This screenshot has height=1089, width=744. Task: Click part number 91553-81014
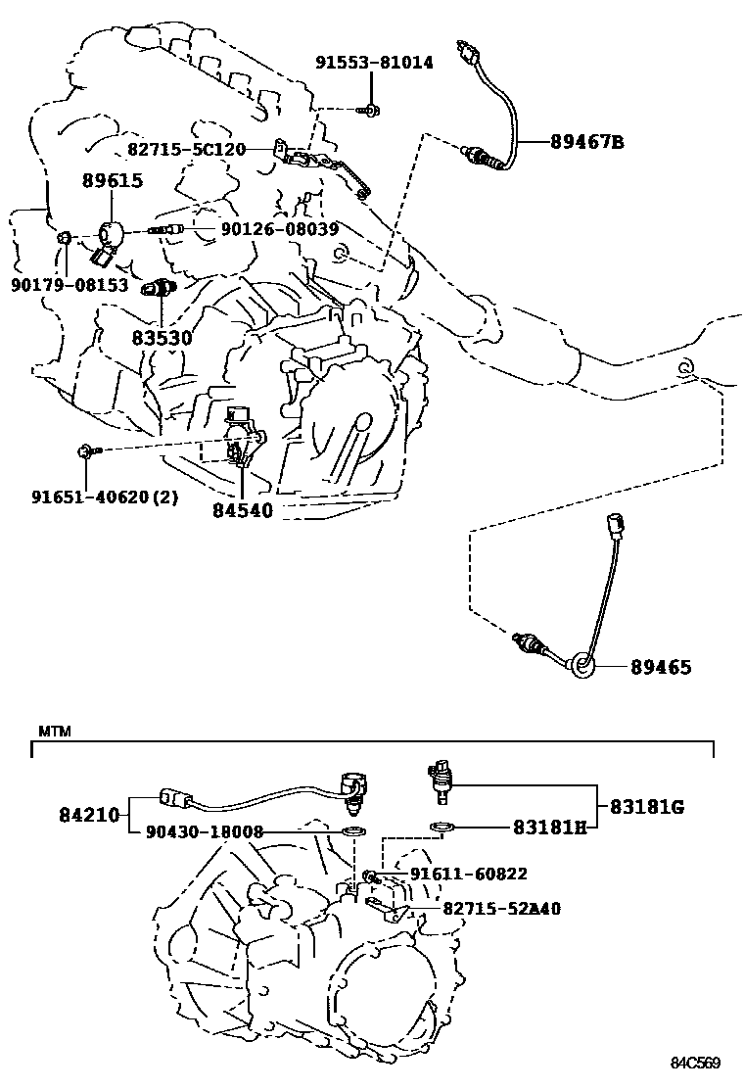[374, 63]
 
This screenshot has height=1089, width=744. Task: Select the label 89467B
[586, 142]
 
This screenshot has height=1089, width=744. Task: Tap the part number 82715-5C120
[186, 149]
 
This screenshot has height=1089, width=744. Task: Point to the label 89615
[113, 180]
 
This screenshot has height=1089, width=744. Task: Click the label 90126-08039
[279, 229]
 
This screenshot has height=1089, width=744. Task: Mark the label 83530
[163, 337]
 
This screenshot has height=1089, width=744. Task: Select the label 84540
[242, 510]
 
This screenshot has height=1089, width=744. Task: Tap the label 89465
[661, 668]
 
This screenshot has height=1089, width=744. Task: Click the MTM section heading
[50, 732]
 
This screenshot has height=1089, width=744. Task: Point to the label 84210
[87, 813]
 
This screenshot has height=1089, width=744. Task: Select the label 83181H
[549, 828]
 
